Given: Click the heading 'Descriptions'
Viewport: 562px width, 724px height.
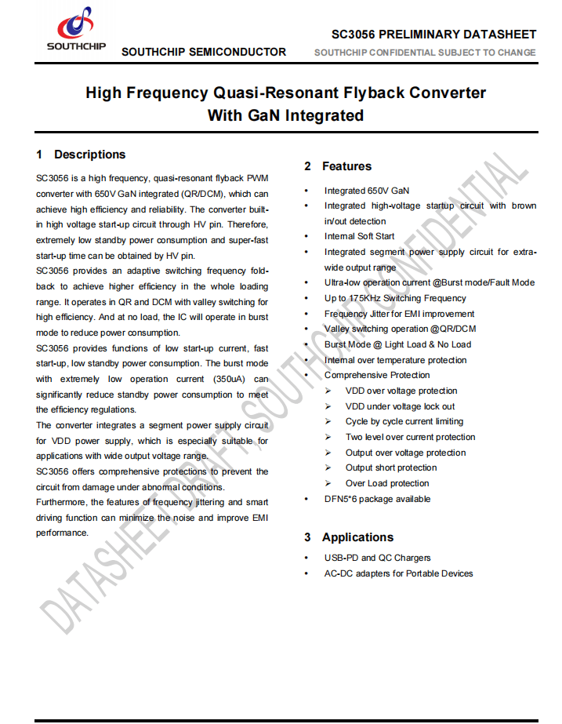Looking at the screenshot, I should [89, 155].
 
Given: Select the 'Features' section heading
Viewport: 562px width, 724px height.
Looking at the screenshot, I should [346, 166].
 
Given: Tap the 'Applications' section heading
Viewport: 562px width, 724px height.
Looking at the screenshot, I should [357, 537].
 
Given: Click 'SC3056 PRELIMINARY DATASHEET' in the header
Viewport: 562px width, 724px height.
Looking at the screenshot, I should [433, 35].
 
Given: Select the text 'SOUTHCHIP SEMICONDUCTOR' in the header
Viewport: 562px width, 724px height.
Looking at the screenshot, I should [204, 53].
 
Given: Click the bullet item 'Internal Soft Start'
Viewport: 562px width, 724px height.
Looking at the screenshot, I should [359, 236].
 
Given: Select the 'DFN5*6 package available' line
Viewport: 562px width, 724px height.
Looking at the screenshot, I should [377, 499].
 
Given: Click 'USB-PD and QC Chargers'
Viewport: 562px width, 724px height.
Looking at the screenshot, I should [377, 558].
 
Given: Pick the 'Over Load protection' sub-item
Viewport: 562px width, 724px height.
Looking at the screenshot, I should [387, 483].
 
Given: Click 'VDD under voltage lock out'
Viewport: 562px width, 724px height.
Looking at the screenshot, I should [400, 406].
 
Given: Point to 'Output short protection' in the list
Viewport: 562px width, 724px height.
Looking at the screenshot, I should [391, 468].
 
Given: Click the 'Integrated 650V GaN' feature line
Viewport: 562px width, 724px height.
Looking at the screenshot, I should [366, 191].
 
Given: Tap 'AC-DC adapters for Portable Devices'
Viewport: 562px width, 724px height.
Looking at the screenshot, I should [398, 573].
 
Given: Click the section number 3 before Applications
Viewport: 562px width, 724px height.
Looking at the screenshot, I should [307, 537].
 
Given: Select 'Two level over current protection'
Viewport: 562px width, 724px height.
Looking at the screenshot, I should [410, 437].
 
